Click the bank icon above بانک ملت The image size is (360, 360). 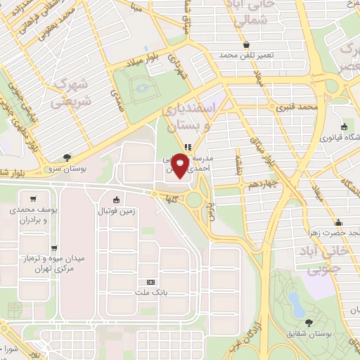(x=148, y=280)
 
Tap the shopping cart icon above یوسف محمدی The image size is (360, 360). (x=32, y=198)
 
